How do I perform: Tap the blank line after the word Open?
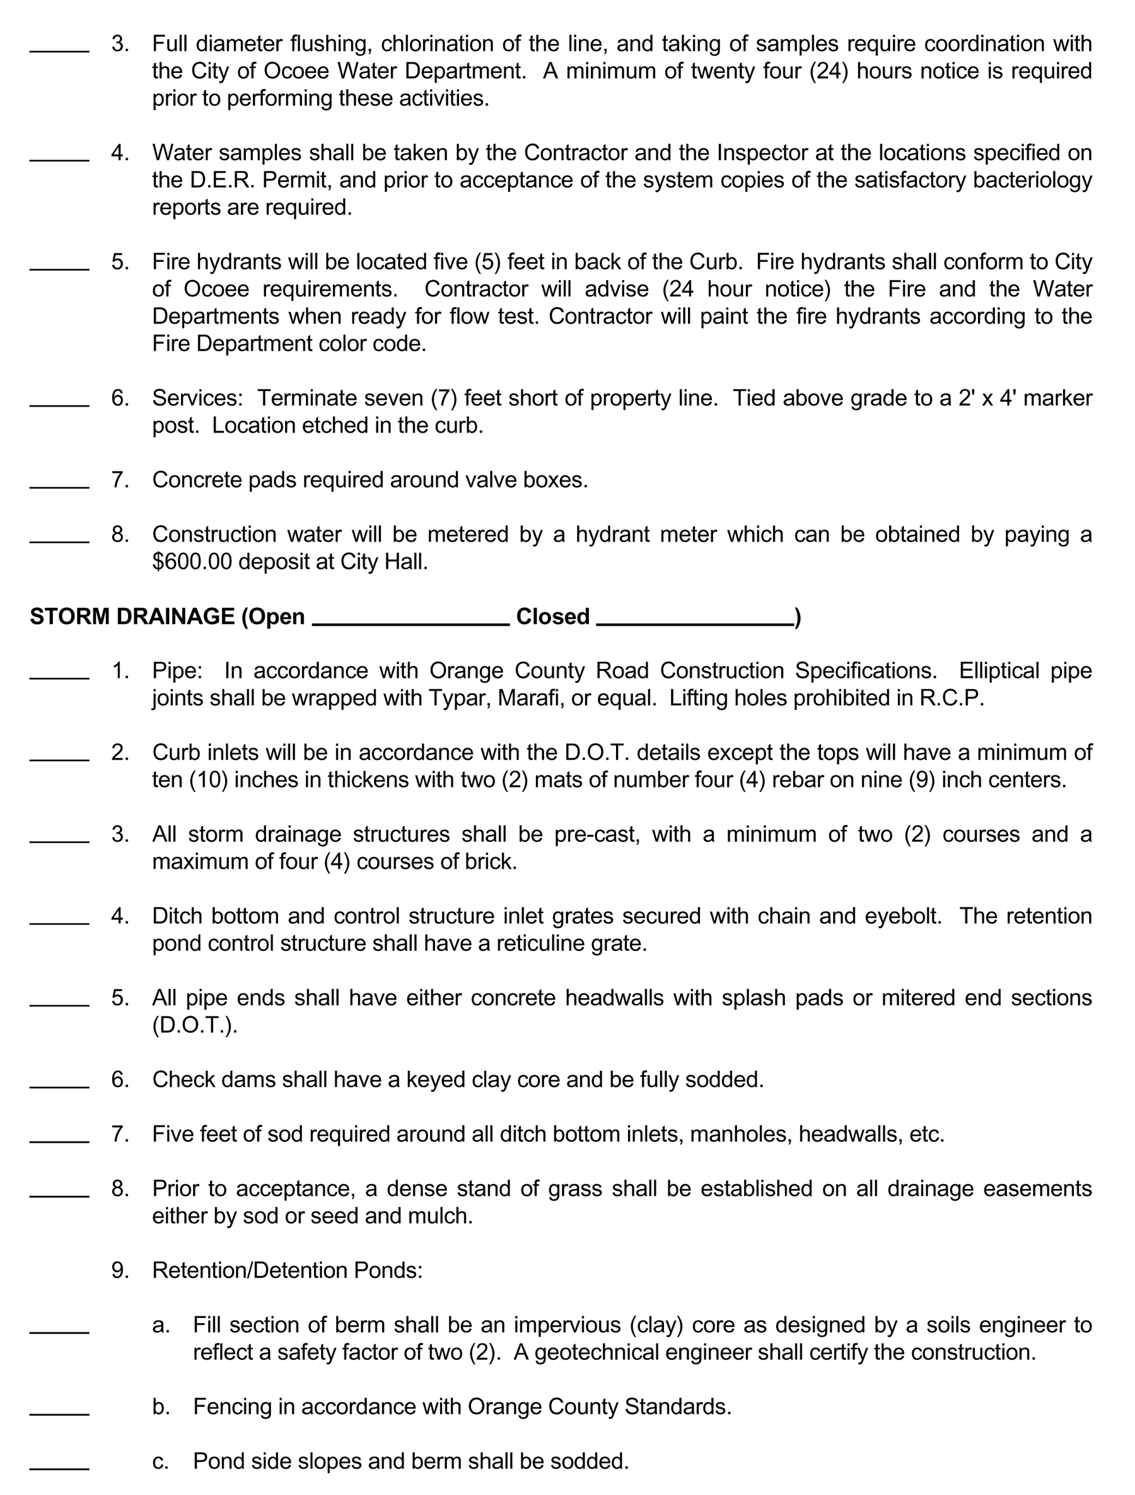(410, 623)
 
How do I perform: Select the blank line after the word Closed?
(694, 623)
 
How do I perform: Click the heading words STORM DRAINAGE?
(132, 617)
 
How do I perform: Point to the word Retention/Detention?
(250, 1271)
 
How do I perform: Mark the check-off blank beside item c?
(59, 1468)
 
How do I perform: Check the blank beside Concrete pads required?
(59, 486)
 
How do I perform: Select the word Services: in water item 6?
(197, 398)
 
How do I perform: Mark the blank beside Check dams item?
(59, 1086)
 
